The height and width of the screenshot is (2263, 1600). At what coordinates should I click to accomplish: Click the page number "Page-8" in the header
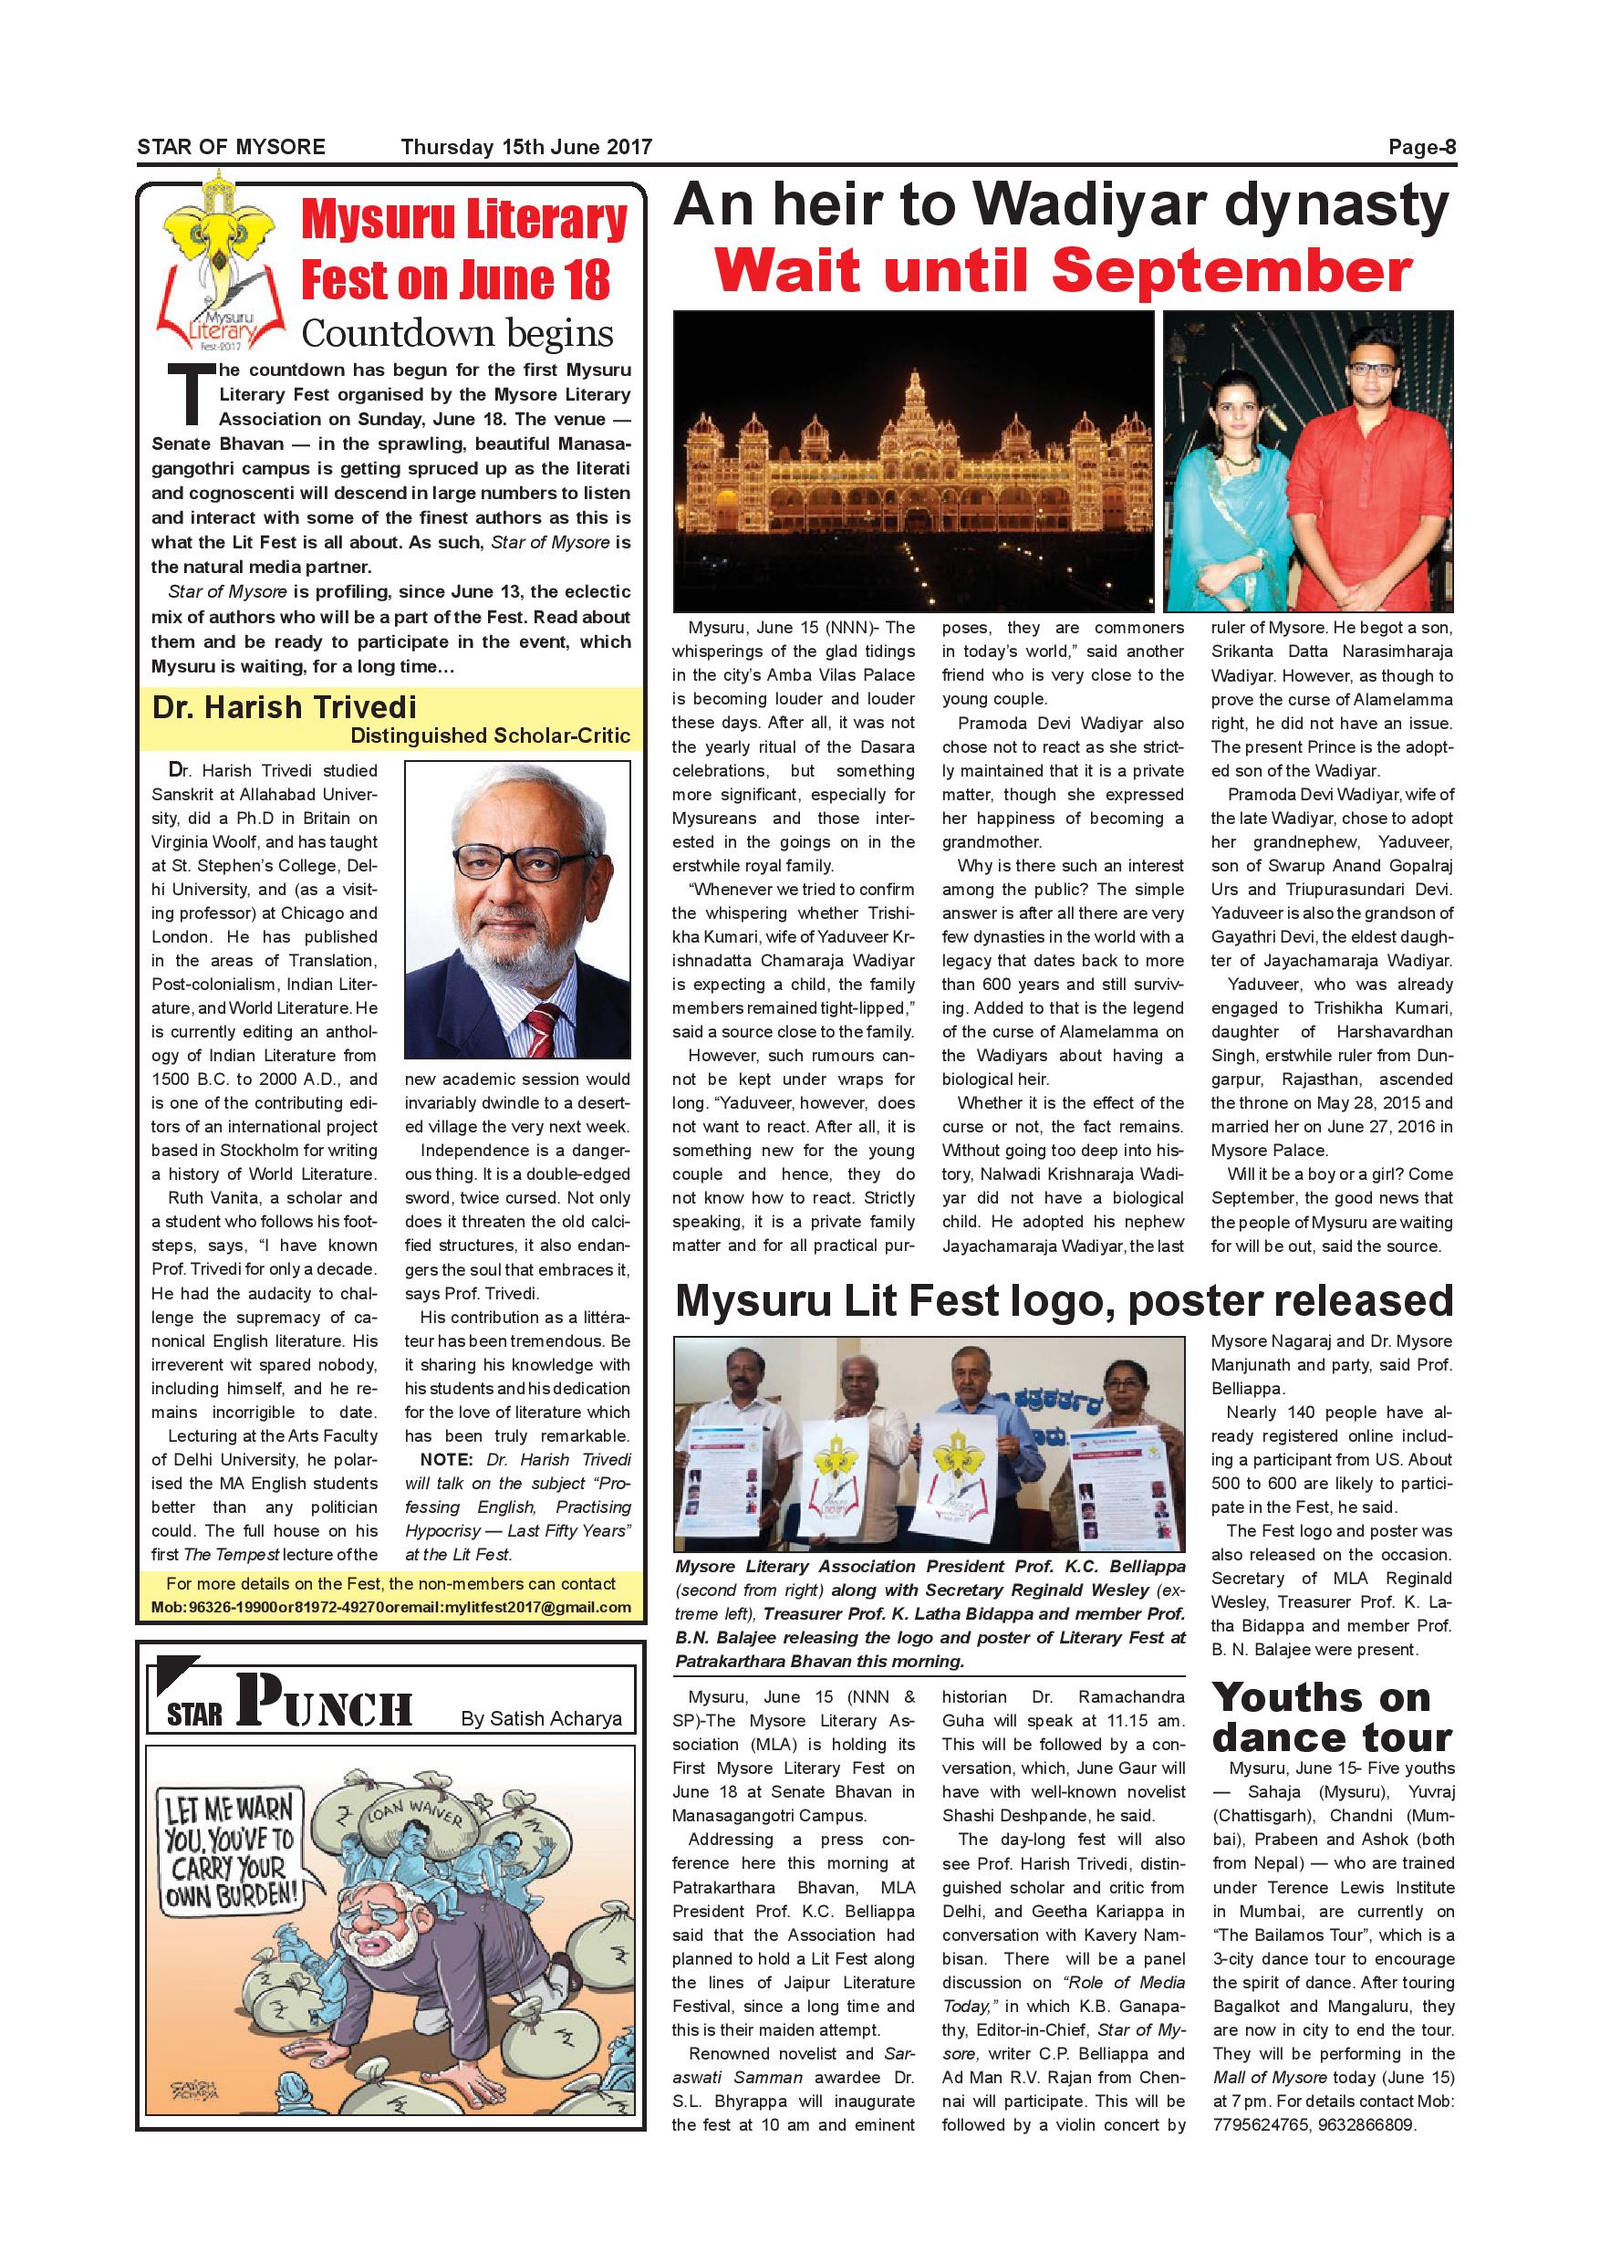pyautogui.click(x=1420, y=148)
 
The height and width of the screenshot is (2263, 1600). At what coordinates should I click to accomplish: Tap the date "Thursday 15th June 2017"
pyautogui.click(x=526, y=148)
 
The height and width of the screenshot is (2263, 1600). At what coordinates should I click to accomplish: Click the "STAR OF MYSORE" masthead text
pyautogui.click(x=231, y=148)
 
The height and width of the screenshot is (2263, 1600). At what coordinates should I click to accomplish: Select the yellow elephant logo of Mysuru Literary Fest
pyautogui.click(x=221, y=236)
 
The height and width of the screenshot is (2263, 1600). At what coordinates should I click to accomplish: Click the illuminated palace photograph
pyautogui.click(x=913, y=462)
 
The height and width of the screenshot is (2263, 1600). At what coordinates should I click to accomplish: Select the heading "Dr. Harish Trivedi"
pyautogui.click(x=284, y=708)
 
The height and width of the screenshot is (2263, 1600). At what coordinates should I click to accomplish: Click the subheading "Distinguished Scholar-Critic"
pyautogui.click(x=490, y=735)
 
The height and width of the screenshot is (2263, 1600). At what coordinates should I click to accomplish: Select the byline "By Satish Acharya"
pyautogui.click(x=541, y=1718)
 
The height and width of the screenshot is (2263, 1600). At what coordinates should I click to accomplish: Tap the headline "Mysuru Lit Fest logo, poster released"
pyautogui.click(x=1063, y=1301)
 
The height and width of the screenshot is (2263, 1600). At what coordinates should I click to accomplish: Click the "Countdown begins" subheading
pyautogui.click(x=457, y=333)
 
